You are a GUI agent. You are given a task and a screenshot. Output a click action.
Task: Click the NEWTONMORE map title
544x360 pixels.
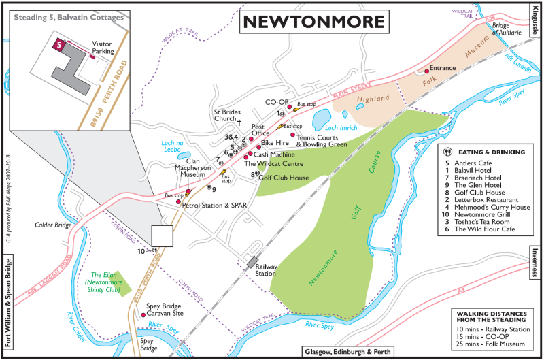(313, 22)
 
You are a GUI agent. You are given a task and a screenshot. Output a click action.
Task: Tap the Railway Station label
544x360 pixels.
(265, 270)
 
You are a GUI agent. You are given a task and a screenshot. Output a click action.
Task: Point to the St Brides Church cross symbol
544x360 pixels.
(239, 122)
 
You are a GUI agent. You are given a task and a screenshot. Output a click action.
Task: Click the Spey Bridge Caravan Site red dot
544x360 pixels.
(142, 315)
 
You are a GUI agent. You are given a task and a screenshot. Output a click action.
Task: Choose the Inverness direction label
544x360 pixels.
(535, 261)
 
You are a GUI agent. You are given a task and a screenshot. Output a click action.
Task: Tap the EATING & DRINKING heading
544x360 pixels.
(492, 152)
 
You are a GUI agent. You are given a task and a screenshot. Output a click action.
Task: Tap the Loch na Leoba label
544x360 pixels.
(175, 146)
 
